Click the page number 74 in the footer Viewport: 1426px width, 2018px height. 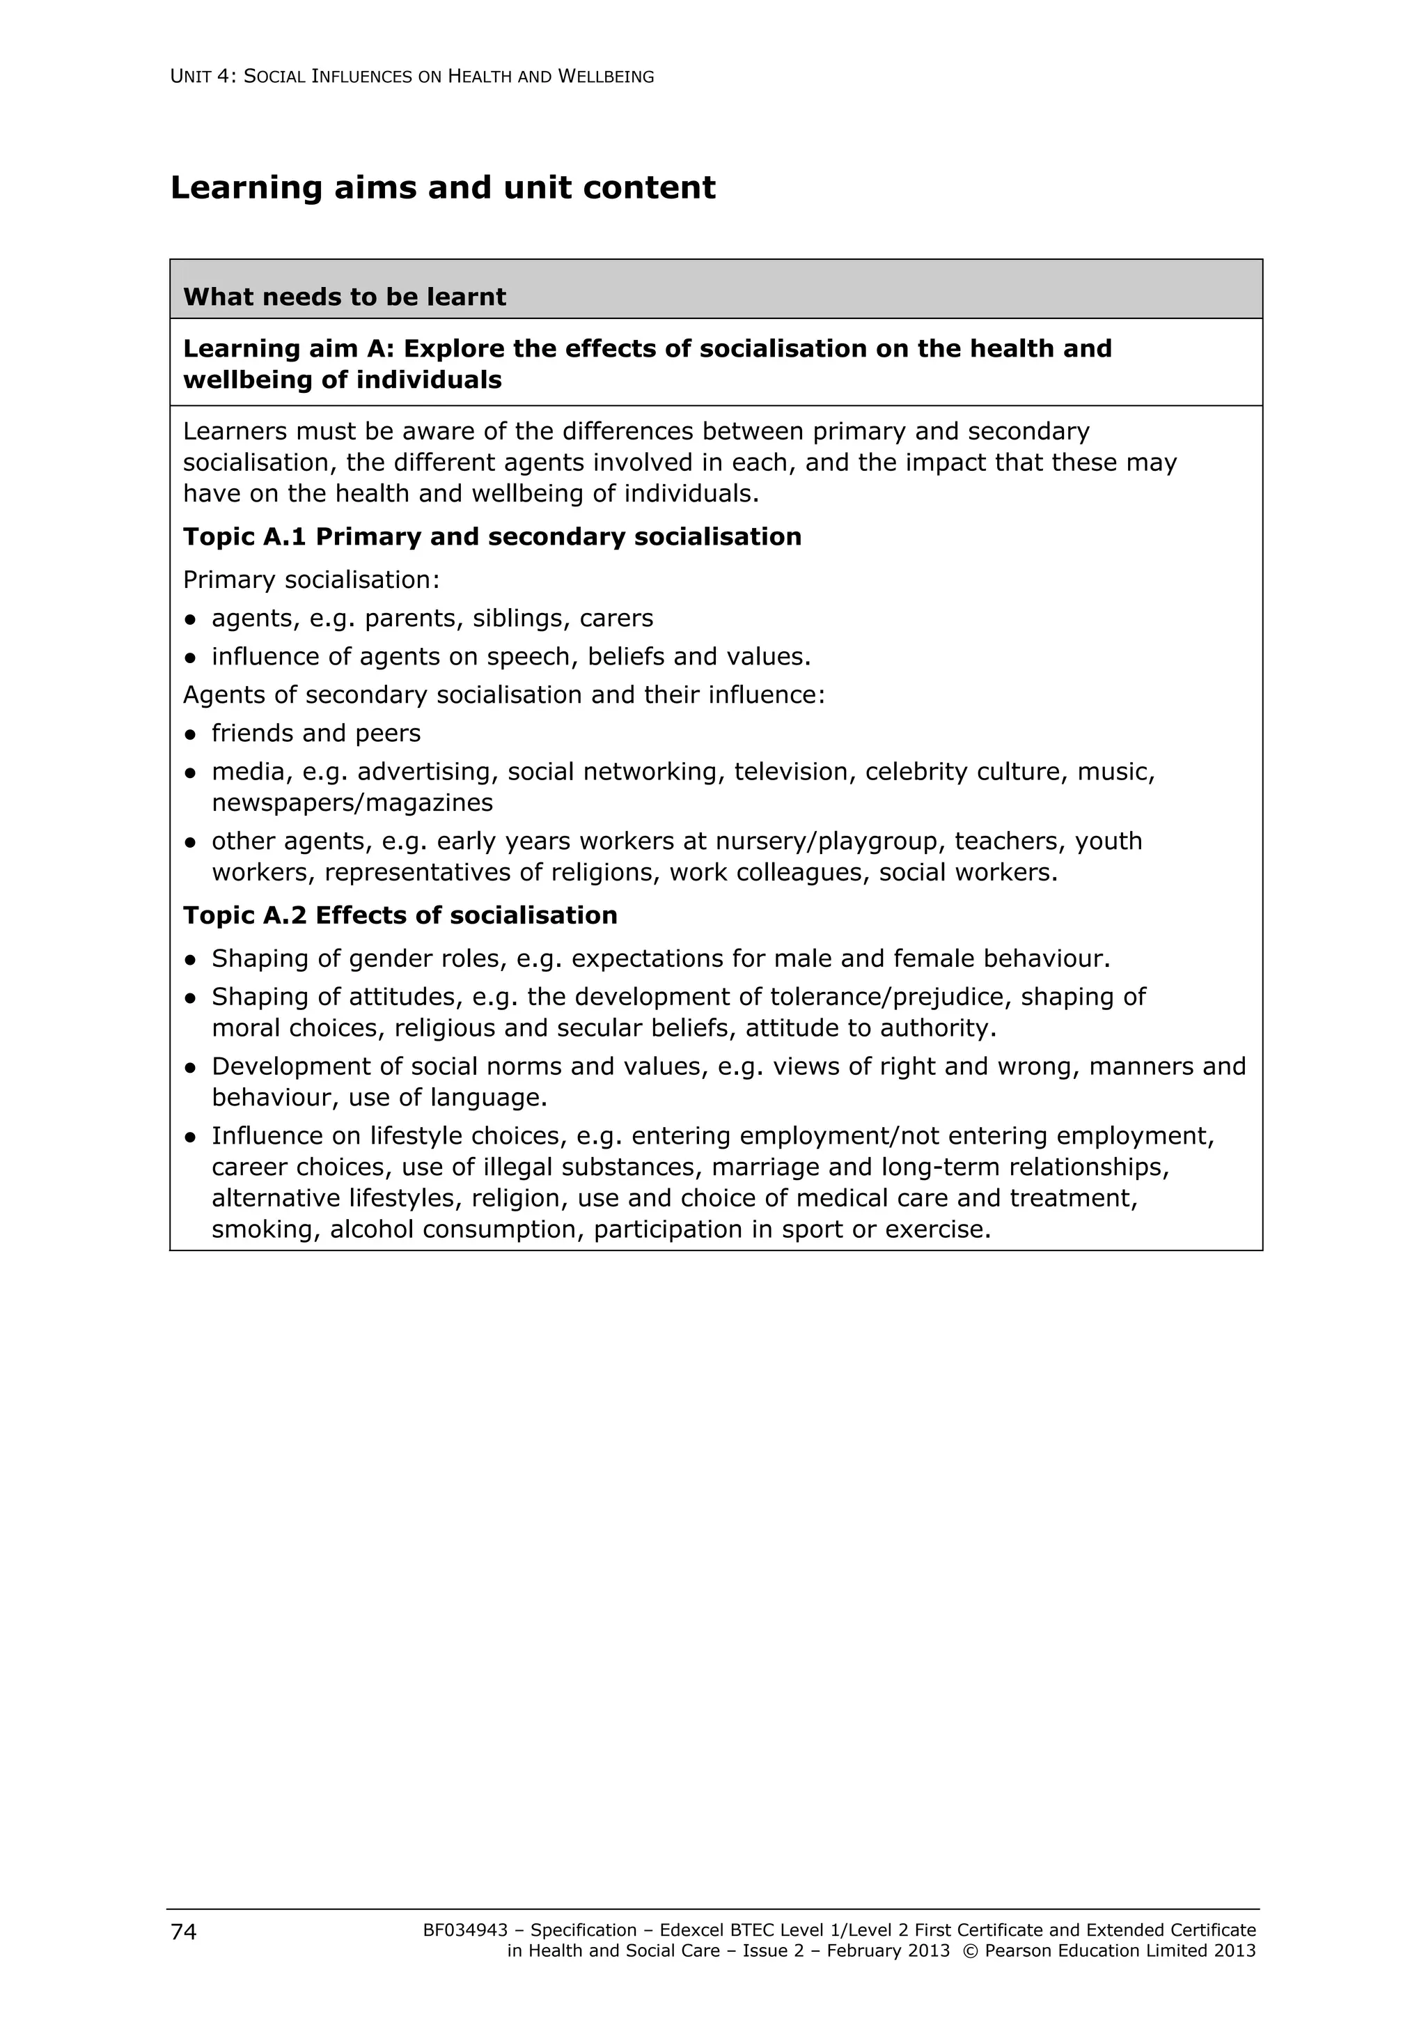(x=184, y=1931)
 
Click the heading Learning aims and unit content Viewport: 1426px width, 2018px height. (x=443, y=188)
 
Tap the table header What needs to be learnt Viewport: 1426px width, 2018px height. (x=345, y=297)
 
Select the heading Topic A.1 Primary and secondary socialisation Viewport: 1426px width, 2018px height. (x=492, y=537)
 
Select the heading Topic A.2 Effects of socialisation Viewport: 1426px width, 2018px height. (x=400, y=916)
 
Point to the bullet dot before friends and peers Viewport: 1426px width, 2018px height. (x=190, y=735)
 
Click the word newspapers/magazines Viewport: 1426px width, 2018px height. (x=352, y=803)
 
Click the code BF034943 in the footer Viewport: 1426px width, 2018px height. (x=465, y=1930)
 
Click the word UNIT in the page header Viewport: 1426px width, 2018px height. (x=190, y=77)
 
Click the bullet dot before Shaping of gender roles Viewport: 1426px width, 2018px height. (x=190, y=960)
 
